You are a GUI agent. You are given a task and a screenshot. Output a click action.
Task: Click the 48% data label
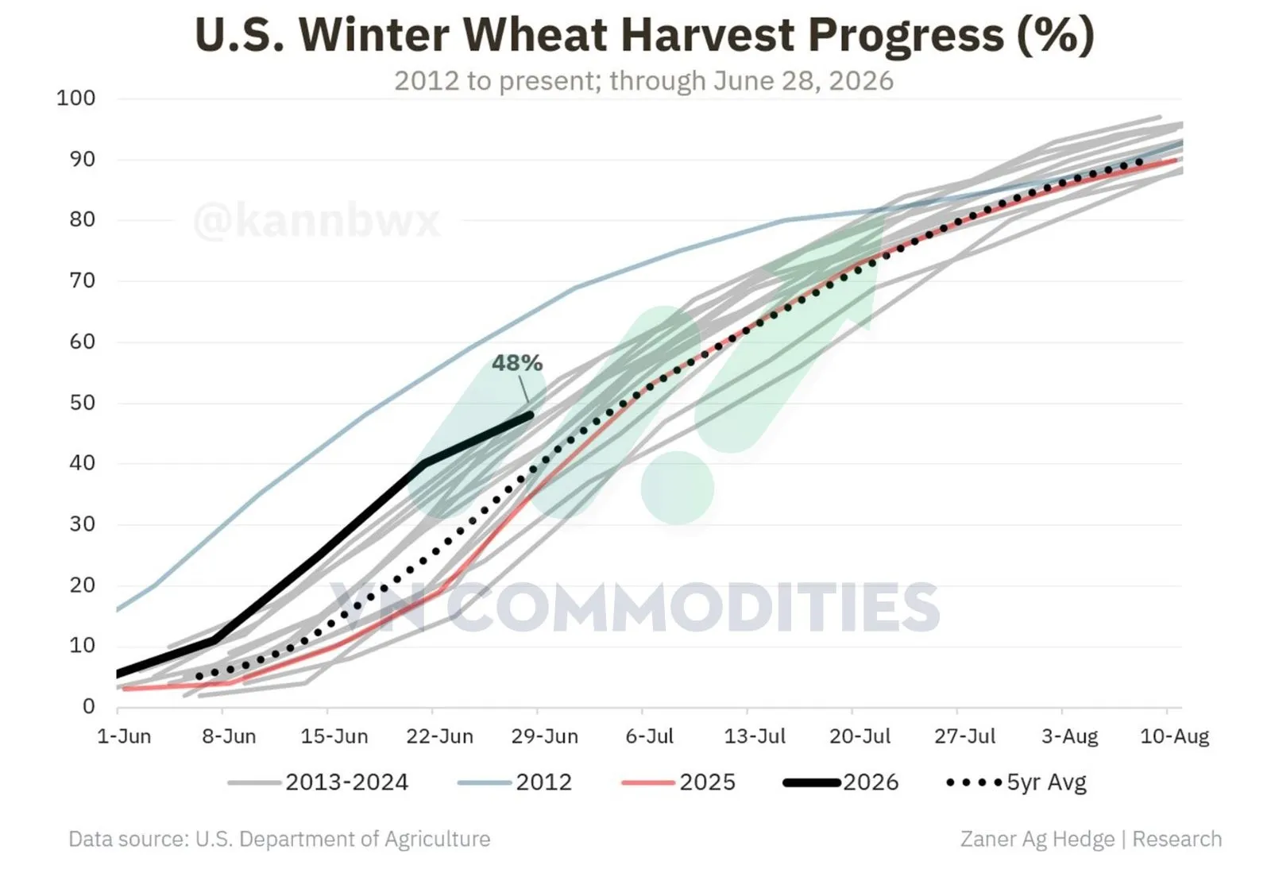coord(517,363)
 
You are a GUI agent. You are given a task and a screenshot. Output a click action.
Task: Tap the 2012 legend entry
coord(515,782)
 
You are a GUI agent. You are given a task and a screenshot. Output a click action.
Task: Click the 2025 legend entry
coord(678,782)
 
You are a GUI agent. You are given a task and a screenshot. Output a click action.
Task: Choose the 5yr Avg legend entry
coord(1016,782)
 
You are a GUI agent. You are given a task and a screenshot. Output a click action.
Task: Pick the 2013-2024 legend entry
coord(318,782)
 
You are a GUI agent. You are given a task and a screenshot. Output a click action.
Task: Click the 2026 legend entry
coord(841,782)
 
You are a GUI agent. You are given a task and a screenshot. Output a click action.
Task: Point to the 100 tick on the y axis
coord(75,99)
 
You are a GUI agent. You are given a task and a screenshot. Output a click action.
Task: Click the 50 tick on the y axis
coord(83,403)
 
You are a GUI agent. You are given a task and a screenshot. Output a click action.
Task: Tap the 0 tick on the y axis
coord(88,707)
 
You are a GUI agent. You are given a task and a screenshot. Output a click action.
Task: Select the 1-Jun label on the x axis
coord(124,736)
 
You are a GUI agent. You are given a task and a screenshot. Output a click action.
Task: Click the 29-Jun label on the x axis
coord(545,736)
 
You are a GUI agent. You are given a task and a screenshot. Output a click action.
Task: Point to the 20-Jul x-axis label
coord(860,736)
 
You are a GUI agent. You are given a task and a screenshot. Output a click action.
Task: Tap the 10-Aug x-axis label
coord(1175,736)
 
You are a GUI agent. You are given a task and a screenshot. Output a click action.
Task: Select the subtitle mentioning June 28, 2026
coord(644,80)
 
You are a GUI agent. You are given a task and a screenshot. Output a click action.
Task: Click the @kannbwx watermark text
coord(317,220)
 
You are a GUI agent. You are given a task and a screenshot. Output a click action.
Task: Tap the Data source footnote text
coord(279,839)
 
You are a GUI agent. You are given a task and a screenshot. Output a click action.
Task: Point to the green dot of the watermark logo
coord(677,488)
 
